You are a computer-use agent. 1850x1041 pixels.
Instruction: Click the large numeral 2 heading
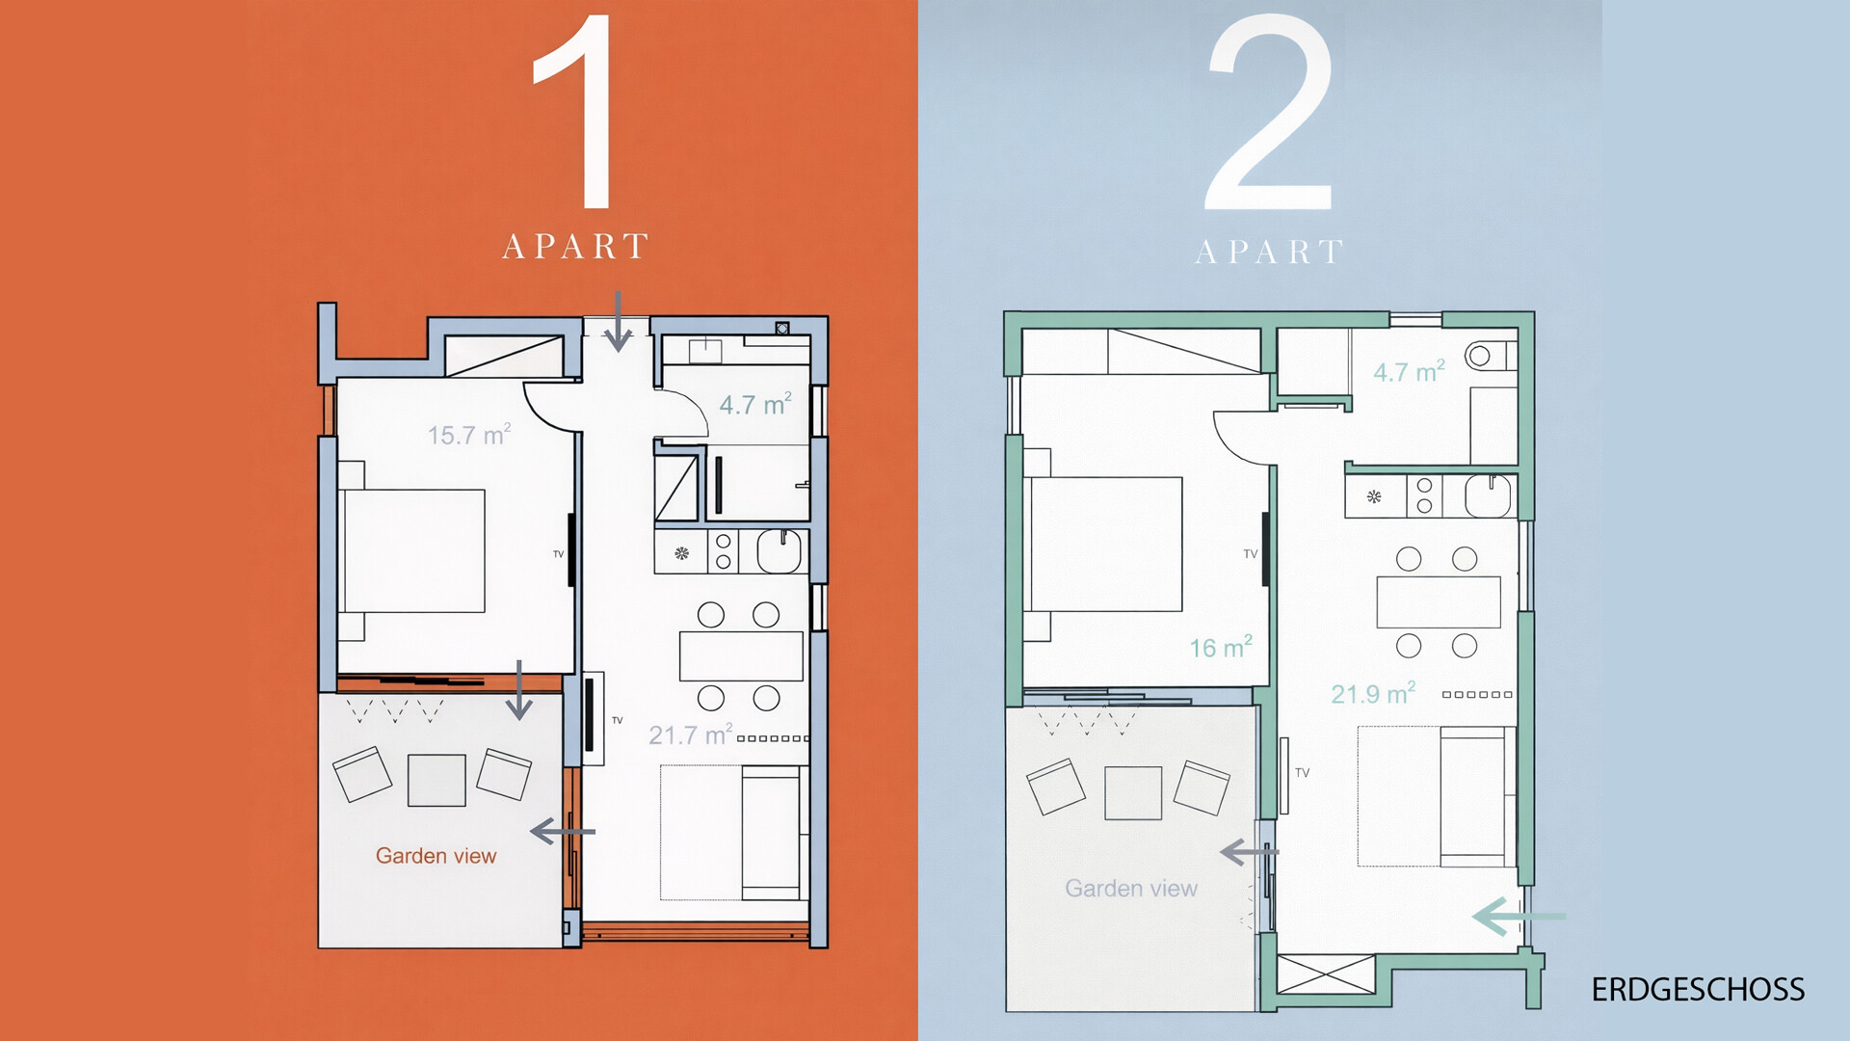tap(1270, 114)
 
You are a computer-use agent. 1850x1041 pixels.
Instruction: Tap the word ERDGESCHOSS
tap(1698, 990)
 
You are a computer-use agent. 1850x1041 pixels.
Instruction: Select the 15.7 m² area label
tap(469, 435)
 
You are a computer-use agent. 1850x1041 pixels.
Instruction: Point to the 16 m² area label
tap(1221, 647)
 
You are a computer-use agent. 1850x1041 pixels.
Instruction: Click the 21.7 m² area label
tap(691, 734)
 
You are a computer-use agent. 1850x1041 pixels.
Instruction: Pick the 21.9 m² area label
tap(1373, 693)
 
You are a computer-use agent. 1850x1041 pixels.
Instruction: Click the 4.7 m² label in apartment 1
tap(755, 404)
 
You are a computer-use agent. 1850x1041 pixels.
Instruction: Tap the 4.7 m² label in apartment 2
tap(1409, 371)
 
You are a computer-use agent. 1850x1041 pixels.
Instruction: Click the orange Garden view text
tap(436, 856)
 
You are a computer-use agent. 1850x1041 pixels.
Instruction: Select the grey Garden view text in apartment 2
tap(1131, 889)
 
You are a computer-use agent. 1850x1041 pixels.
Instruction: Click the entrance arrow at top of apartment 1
tap(618, 321)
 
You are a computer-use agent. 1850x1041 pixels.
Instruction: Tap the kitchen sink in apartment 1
tap(779, 551)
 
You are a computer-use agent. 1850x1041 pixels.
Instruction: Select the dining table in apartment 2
tap(1438, 602)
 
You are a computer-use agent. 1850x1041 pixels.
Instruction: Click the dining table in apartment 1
tap(741, 656)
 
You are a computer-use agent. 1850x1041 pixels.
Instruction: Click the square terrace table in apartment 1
tap(436, 780)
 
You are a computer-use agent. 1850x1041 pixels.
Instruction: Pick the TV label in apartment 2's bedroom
tap(1251, 554)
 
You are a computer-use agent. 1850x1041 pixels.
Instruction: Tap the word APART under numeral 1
tap(575, 247)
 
